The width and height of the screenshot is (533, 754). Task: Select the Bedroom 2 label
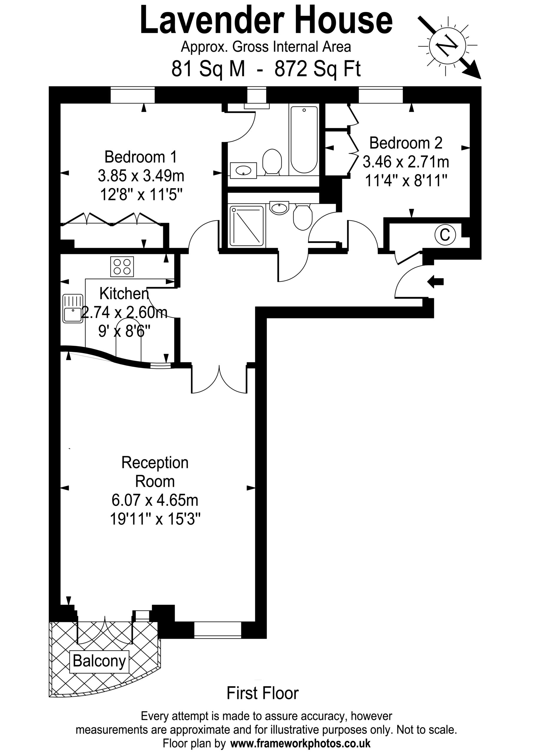click(x=406, y=143)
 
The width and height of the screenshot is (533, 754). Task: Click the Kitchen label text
click(x=124, y=293)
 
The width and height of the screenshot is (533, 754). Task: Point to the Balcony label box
click(x=100, y=660)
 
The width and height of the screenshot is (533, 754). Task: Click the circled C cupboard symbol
click(x=445, y=235)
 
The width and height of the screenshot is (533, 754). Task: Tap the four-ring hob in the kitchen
click(x=122, y=266)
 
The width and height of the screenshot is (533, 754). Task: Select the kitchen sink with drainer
click(x=72, y=308)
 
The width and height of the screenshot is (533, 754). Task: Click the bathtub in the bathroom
click(x=304, y=139)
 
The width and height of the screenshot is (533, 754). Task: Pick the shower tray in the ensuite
click(x=247, y=226)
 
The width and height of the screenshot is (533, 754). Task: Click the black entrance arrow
click(x=436, y=282)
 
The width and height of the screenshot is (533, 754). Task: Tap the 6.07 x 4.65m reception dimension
click(x=155, y=500)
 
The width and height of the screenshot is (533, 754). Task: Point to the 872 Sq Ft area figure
click(x=317, y=69)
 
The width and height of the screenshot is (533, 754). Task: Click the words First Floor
click(x=263, y=693)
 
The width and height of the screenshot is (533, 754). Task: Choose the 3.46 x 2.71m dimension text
click(x=406, y=162)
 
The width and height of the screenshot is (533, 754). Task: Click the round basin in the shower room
click(x=279, y=208)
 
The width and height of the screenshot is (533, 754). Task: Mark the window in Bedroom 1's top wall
click(x=132, y=95)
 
